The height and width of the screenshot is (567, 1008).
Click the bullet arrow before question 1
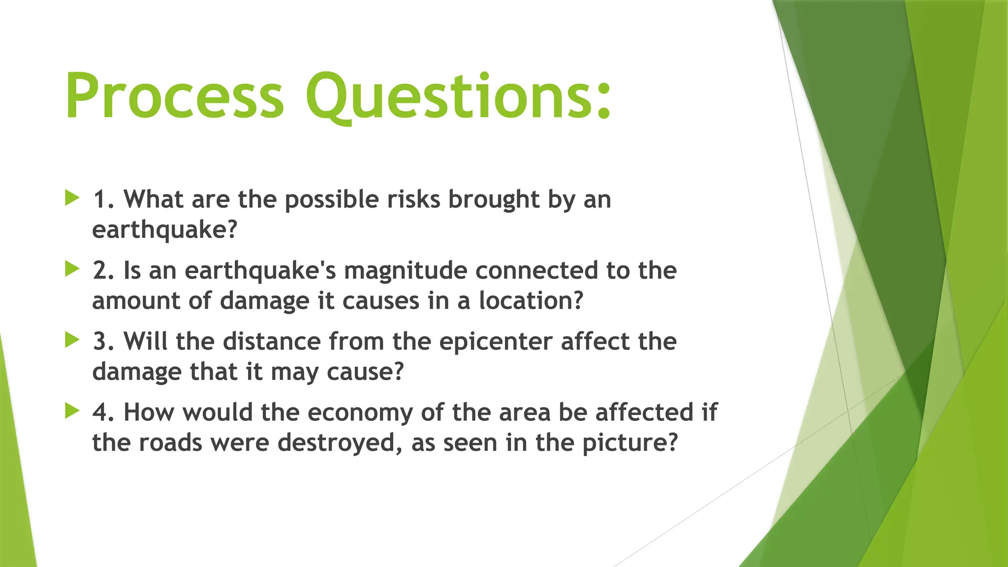(72, 198)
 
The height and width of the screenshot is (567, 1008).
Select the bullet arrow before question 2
(72, 269)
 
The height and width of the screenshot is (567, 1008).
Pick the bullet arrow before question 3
(72, 340)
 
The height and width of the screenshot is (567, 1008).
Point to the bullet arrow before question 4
(72, 411)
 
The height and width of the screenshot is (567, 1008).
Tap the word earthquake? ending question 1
(165, 230)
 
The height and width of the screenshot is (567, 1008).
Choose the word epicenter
(496, 341)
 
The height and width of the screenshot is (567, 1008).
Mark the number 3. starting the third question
(103, 341)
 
